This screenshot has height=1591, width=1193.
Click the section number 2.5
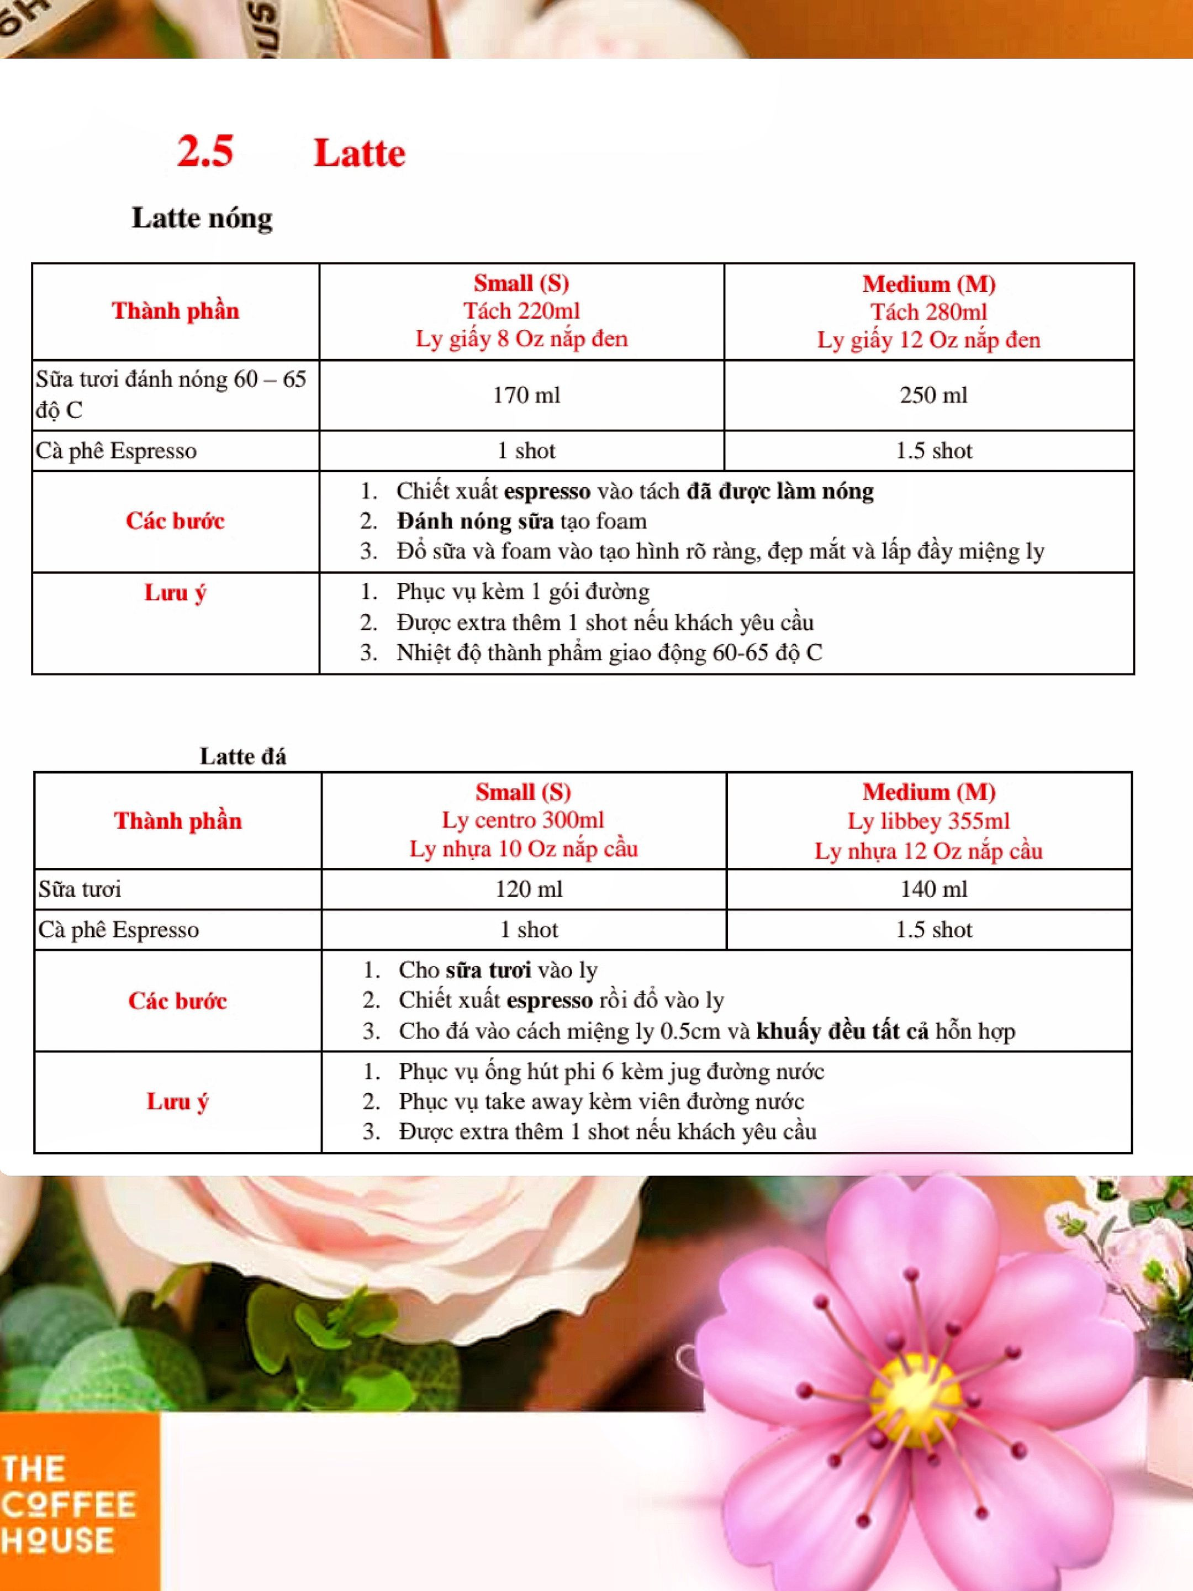click(205, 152)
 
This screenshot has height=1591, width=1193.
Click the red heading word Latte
click(359, 153)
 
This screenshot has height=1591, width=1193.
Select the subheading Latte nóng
click(202, 218)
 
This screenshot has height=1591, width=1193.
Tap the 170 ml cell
click(526, 395)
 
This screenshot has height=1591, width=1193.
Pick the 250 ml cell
click(933, 395)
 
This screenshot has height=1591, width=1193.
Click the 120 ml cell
click(528, 889)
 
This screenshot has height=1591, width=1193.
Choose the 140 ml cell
click(933, 889)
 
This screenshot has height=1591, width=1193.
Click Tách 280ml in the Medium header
click(928, 312)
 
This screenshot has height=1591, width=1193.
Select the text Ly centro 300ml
click(523, 820)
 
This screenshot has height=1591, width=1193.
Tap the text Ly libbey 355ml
click(928, 821)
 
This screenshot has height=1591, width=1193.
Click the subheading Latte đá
click(242, 757)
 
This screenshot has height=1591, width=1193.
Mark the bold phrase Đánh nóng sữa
click(474, 521)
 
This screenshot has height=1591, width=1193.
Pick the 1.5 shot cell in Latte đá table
click(933, 929)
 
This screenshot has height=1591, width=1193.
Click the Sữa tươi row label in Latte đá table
click(80, 889)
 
